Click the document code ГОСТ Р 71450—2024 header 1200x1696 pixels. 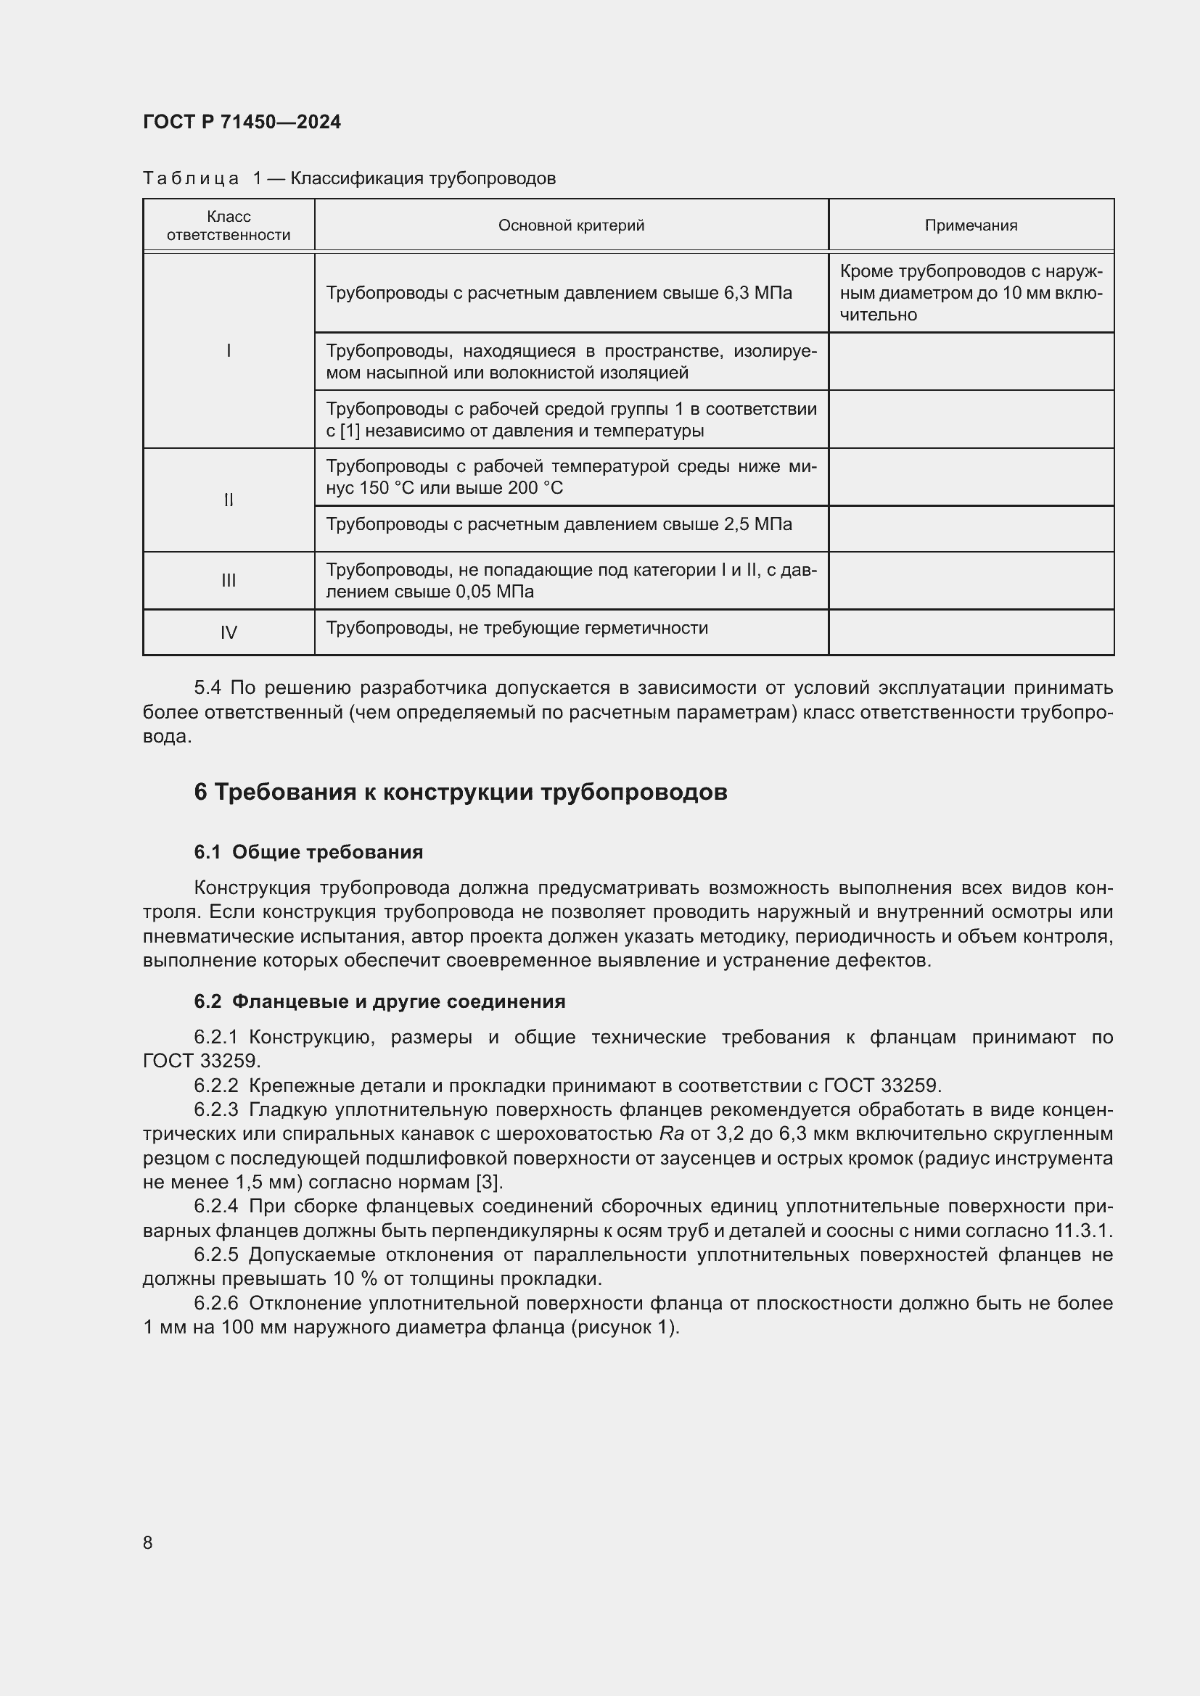coord(242,122)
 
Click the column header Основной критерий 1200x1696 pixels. coord(570,226)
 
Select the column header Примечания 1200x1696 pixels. coord(970,226)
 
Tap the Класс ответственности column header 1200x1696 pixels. coord(229,226)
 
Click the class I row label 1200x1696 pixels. coord(229,351)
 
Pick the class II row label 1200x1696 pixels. coord(229,500)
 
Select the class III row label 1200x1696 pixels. coord(229,581)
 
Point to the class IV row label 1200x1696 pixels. coord(229,632)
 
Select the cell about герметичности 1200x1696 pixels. coord(517,628)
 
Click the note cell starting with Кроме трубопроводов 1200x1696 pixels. coord(970,293)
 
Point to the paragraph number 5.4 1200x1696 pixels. coord(207,687)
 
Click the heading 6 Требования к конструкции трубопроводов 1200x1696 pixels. coord(461,792)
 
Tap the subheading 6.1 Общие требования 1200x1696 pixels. coord(308,852)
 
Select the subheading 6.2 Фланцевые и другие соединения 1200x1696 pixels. coord(379,1001)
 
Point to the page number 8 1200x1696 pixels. coord(148,1542)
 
